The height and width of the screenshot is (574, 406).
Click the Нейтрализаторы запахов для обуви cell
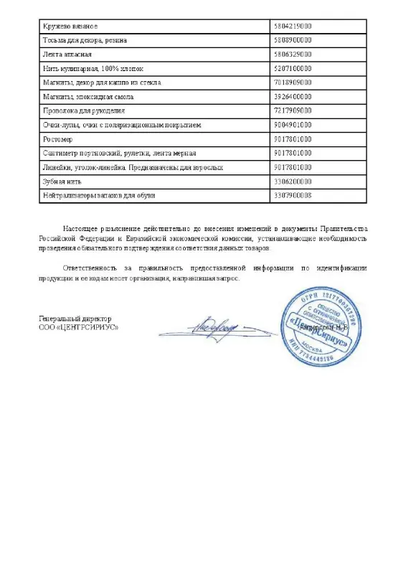tap(98, 195)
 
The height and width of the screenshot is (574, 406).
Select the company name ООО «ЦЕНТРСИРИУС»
tap(79, 327)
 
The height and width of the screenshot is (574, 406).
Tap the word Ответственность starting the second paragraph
tap(91, 268)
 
